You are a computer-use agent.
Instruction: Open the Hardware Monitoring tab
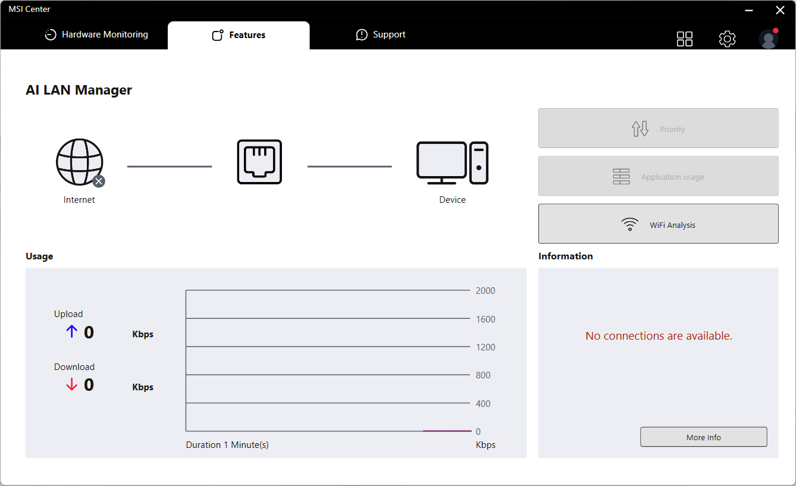click(96, 35)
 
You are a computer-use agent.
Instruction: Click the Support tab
click(381, 35)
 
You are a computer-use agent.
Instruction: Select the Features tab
click(239, 35)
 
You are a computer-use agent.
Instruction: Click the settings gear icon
click(727, 38)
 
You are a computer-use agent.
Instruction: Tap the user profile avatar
click(769, 38)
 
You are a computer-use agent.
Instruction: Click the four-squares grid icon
click(684, 39)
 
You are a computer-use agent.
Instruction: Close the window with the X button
click(780, 10)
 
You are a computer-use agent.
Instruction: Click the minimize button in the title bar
click(749, 11)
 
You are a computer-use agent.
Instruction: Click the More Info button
click(704, 437)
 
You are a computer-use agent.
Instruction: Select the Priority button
click(658, 128)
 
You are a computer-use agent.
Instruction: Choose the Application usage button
click(658, 176)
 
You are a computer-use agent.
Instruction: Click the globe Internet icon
click(80, 162)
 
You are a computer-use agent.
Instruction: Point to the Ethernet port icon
click(259, 162)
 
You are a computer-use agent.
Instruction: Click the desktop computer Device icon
click(452, 163)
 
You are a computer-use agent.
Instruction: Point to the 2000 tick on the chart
click(485, 291)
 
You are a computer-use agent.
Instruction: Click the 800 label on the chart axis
click(483, 375)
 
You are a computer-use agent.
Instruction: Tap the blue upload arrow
click(71, 332)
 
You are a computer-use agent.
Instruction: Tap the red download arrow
click(71, 384)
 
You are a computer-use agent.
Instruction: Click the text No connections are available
click(659, 336)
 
